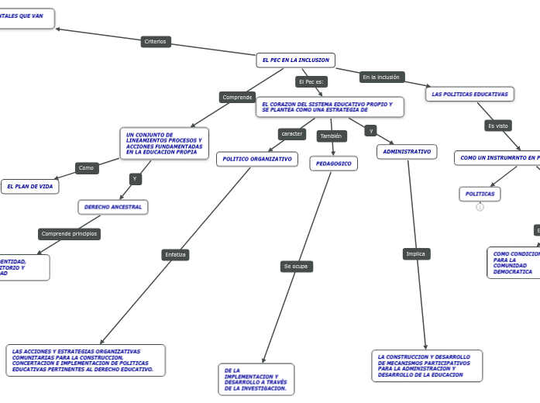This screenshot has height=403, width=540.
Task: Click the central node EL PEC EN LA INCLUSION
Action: (x=295, y=60)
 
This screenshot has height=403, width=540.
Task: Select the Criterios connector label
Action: (x=156, y=42)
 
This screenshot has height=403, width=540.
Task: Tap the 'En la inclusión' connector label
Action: (x=381, y=77)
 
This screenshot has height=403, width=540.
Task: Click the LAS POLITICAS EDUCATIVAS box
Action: (x=469, y=94)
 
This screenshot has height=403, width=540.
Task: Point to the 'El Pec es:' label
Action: (x=311, y=81)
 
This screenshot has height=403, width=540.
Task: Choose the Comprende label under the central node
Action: (x=237, y=97)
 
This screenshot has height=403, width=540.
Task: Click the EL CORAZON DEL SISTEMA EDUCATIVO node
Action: (x=330, y=107)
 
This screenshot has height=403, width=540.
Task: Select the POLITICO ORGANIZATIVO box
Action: (x=256, y=159)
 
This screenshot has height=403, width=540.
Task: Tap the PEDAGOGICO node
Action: (x=334, y=164)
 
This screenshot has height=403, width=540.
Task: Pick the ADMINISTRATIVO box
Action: (x=407, y=152)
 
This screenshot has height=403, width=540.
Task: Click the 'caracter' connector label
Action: (x=292, y=133)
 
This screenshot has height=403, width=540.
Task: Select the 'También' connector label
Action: (x=331, y=136)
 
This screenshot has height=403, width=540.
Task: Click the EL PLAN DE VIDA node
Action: (x=30, y=187)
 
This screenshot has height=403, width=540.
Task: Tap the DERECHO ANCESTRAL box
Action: (x=113, y=207)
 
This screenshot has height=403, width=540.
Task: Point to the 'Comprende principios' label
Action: (x=69, y=233)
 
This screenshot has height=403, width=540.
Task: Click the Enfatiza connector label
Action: (x=176, y=254)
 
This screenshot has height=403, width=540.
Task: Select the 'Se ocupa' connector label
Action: (x=296, y=266)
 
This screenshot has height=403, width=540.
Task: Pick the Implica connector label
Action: (x=416, y=253)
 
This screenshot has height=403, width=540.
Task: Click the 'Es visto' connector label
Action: (x=497, y=126)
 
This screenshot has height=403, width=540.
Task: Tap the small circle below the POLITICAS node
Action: (x=480, y=207)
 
